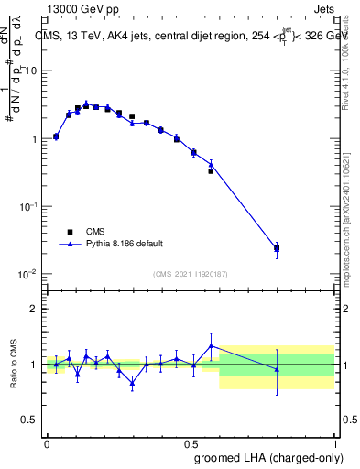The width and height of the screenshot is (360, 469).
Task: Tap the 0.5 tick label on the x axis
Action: click(191, 443)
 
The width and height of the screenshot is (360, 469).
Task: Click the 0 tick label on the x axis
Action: click(48, 443)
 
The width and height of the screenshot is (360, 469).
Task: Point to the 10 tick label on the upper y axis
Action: click(32, 71)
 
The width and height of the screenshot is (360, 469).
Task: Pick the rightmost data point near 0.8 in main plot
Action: click(277, 247)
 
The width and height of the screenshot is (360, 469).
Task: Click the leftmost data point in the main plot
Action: click(56, 136)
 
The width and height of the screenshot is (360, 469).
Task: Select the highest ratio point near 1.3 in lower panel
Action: click(212, 345)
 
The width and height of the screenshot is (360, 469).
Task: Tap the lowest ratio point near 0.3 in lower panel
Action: click(132, 383)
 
